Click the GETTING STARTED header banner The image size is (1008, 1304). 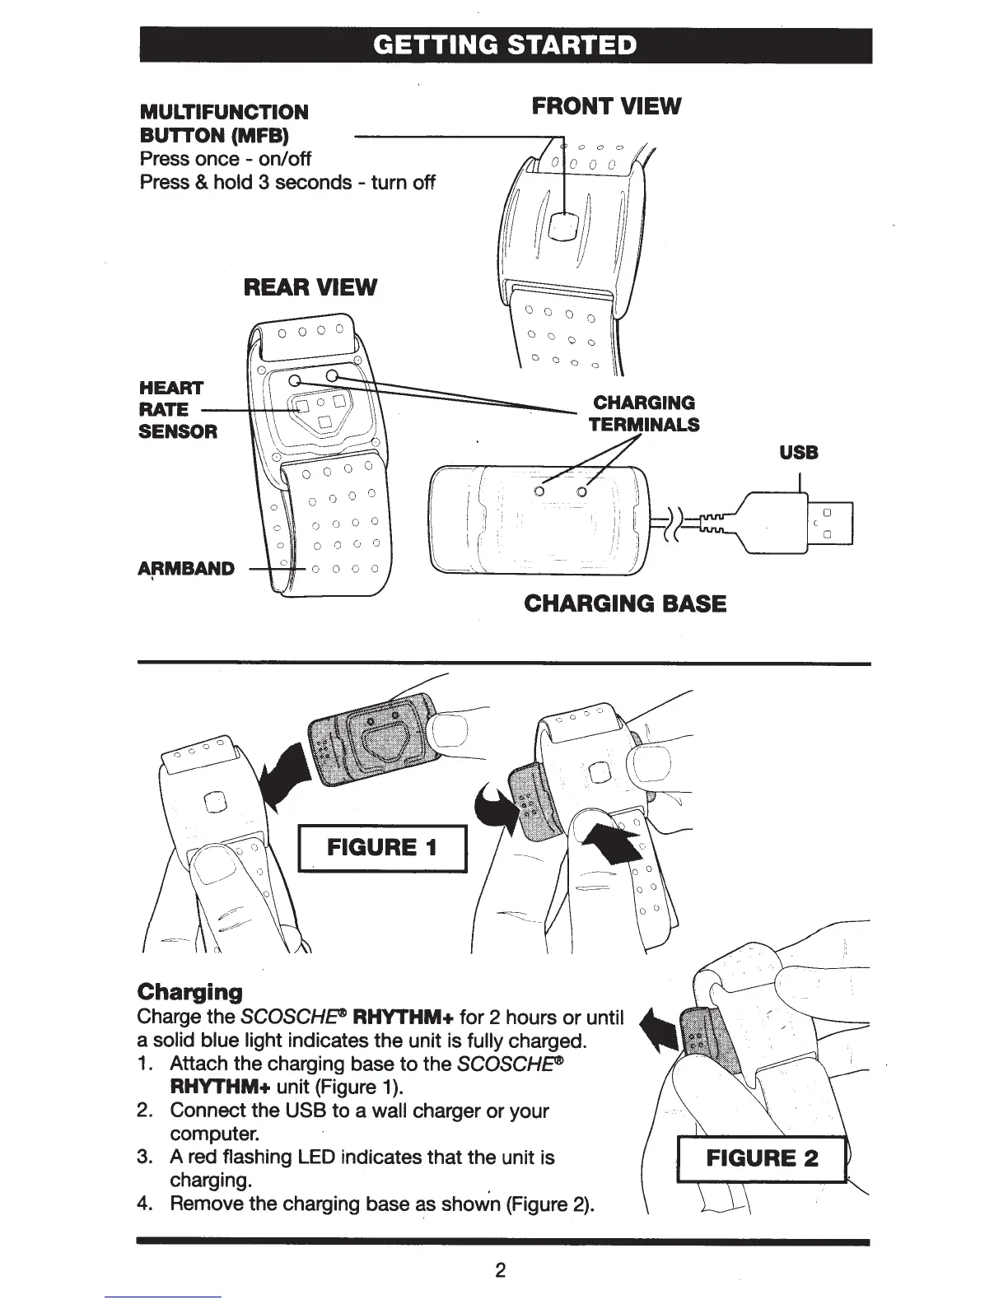[505, 44]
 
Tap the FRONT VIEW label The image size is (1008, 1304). [606, 105]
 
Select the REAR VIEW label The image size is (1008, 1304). [310, 287]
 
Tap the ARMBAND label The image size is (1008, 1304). [186, 569]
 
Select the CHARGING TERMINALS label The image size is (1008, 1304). [643, 413]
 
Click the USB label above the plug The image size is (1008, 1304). [799, 452]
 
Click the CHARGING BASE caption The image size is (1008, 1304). [625, 603]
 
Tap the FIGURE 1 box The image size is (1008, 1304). [382, 848]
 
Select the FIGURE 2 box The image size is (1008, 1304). [762, 1159]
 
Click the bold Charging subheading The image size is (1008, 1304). [190, 991]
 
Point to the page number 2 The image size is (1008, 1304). [500, 1269]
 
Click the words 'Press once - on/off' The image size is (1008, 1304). [226, 158]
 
